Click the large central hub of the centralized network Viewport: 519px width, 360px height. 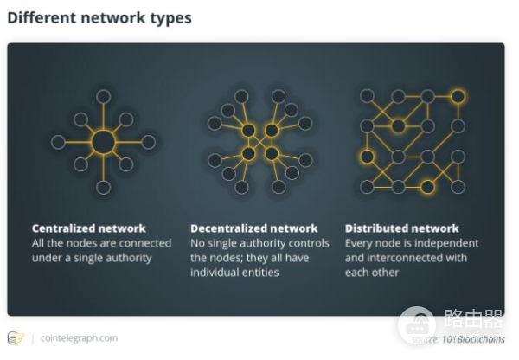click(x=103, y=141)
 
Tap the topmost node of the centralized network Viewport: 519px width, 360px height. click(x=103, y=96)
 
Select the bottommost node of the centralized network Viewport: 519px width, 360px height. click(x=103, y=187)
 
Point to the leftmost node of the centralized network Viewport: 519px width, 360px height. click(x=58, y=141)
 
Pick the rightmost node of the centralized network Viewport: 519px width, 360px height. click(x=148, y=141)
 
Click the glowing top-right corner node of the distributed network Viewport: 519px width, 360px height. click(x=458, y=96)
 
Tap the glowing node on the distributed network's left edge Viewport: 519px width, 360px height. click(x=368, y=157)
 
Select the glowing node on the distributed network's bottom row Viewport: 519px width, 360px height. click(x=428, y=187)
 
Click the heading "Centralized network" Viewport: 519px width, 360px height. click(x=89, y=228)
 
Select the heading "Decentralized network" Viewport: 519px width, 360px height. click(x=254, y=228)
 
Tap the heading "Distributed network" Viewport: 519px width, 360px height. click(x=402, y=228)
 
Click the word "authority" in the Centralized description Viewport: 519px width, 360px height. click(x=125, y=257)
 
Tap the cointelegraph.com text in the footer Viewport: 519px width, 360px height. click(x=79, y=337)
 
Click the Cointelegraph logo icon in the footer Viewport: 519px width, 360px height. click(x=16, y=337)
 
